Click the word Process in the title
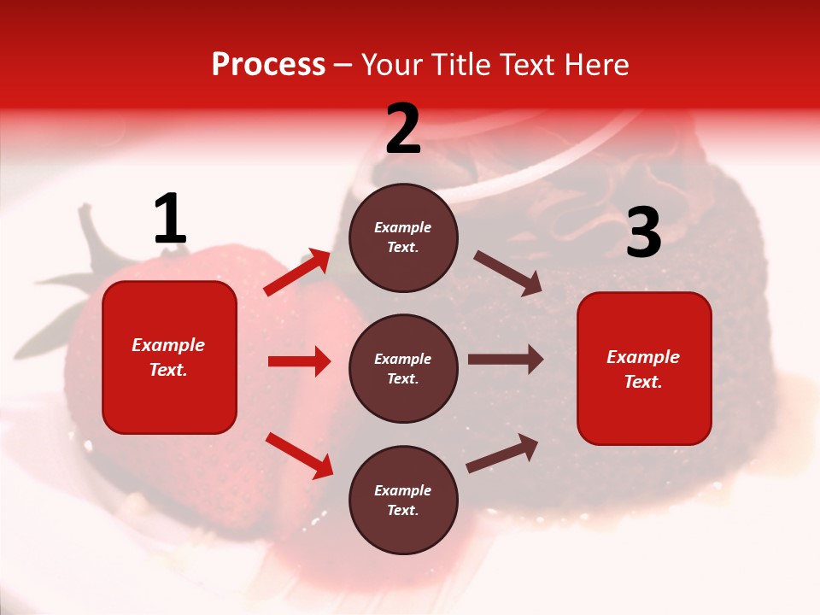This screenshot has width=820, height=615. [x=268, y=65]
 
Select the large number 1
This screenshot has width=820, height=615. [x=170, y=220]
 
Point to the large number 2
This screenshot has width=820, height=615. [x=403, y=129]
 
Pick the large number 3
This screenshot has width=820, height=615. [x=643, y=232]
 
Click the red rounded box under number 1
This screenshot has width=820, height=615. [x=169, y=357]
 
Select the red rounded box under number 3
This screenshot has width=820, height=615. [x=644, y=369]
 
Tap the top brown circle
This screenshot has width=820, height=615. [x=403, y=237]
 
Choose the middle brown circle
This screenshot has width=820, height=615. [x=403, y=369]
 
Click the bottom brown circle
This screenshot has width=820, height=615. [x=403, y=501]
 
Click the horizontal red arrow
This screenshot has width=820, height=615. [x=299, y=361]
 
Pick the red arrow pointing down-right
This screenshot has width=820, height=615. [x=299, y=455]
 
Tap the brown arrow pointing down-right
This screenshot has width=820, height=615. [x=507, y=272]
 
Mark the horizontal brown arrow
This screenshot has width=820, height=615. [x=506, y=360]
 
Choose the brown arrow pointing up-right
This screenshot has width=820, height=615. [x=502, y=453]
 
